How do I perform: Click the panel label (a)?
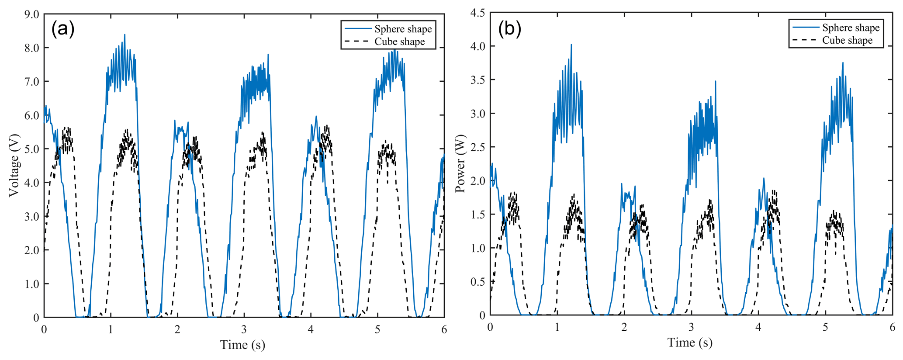[x=63, y=29]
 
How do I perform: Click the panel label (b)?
[x=509, y=29]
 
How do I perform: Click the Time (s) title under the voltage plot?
[x=242, y=345]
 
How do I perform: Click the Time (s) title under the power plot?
[x=690, y=343]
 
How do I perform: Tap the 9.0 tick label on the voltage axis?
[x=31, y=14]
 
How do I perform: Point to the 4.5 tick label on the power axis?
[x=477, y=13]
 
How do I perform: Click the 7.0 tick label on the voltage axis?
[x=31, y=82]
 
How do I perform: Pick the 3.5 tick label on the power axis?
[x=477, y=80]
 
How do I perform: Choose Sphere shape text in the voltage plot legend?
[x=403, y=29]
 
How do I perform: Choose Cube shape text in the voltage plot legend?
[x=399, y=42]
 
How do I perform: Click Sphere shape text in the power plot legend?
[x=851, y=28]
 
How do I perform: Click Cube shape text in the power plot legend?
[x=847, y=41]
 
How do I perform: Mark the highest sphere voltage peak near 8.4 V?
[x=125, y=35]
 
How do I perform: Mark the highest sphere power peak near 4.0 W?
[x=571, y=45]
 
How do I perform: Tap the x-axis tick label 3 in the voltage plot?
[x=244, y=329]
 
